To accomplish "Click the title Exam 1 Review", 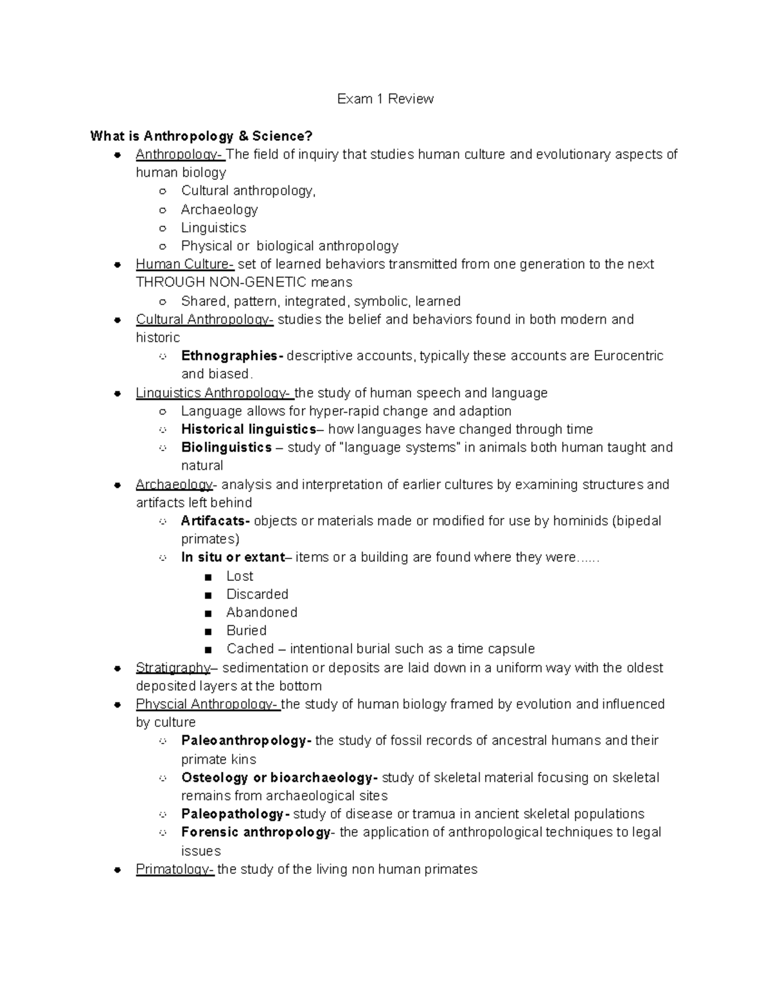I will tap(385, 99).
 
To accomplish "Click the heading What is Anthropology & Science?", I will tap(201, 136).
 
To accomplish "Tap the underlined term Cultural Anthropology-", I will tap(204, 319).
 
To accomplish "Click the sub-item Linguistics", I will tap(213, 228).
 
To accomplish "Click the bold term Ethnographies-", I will tap(232, 356).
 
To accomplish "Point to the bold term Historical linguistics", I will tap(248, 429).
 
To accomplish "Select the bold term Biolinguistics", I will tap(226, 447).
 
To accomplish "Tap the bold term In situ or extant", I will tap(233, 557).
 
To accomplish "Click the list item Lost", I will tap(240, 576).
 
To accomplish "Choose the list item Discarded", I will tap(257, 594).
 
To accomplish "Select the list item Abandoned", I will tap(261, 612).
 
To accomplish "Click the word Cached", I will tap(250, 649).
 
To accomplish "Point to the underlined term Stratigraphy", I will tap(173, 668).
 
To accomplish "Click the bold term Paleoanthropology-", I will tap(246, 740).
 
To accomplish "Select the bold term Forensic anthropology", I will tap(256, 832).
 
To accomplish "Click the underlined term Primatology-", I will tap(175, 869).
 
